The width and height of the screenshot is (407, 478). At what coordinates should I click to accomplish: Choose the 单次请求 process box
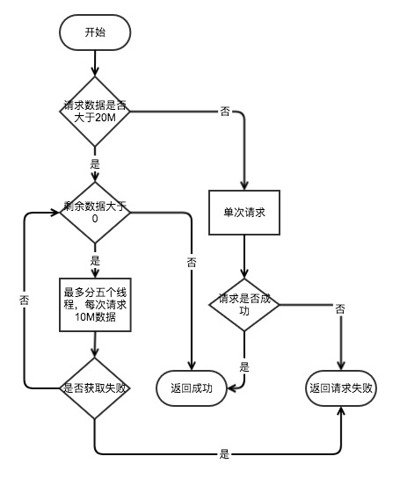[244, 213]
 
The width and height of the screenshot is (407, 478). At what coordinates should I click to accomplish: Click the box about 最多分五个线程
[95, 305]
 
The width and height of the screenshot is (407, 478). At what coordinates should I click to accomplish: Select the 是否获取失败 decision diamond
[95, 387]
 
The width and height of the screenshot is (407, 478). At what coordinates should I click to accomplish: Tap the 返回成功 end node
[190, 387]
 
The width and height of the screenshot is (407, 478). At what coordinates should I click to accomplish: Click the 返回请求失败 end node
[341, 387]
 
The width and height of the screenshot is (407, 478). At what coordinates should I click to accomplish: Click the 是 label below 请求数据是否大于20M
[95, 164]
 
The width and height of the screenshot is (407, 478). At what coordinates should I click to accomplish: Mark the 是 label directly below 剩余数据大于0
[95, 261]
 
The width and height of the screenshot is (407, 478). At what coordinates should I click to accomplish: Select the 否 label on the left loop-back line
[23, 300]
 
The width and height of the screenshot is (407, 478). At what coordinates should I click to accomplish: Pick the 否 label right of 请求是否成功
[339, 309]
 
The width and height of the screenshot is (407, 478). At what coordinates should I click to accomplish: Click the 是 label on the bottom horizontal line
[224, 454]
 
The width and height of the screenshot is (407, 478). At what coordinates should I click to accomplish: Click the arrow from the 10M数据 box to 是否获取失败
[95, 345]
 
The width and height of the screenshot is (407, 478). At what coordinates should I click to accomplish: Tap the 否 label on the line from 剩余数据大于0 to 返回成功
[191, 262]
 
